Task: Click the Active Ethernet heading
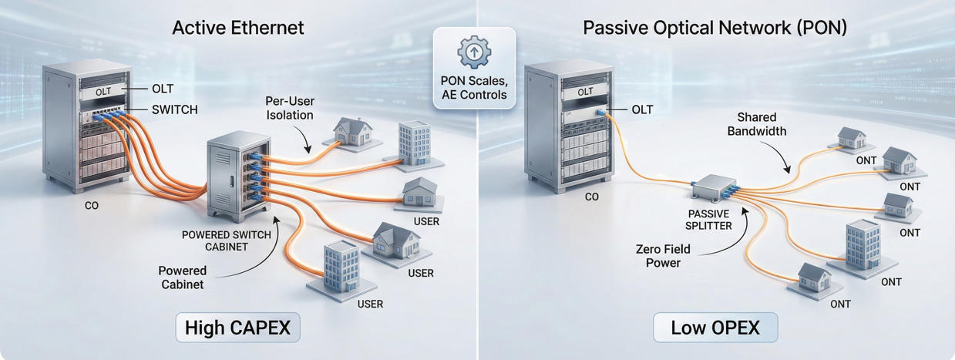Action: tap(238, 28)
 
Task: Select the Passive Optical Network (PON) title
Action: tap(715, 28)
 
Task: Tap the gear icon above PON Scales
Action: tap(474, 52)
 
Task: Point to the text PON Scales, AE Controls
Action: tap(474, 87)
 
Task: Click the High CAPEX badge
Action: tap(237, 327)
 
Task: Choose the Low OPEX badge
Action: tap(715, 327)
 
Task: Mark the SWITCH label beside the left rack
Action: tap(173, 110)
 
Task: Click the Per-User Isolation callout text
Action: tap(289, 108)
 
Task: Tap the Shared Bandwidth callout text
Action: tap(762, 124)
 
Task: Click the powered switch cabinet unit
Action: tap(236, 175)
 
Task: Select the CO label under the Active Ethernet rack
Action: tap(92, 207)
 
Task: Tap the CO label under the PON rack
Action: tap(591, 197)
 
